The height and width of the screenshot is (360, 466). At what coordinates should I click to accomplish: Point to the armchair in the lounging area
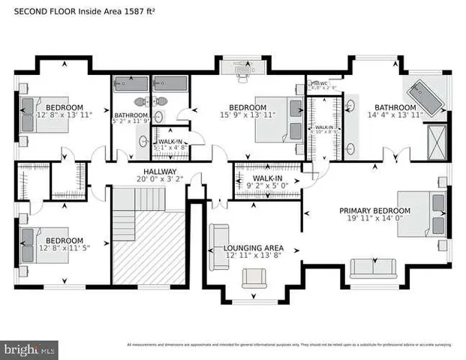[x=253, y=279]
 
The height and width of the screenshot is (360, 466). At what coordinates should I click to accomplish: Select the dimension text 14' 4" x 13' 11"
[x=395, y=115]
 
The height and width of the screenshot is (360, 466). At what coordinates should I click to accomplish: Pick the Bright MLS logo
[x=30, y=349]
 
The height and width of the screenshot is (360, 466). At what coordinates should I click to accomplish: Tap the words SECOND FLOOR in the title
[x=45, y=12]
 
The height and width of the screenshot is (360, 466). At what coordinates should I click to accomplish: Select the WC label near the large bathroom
[x=323, y=83]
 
